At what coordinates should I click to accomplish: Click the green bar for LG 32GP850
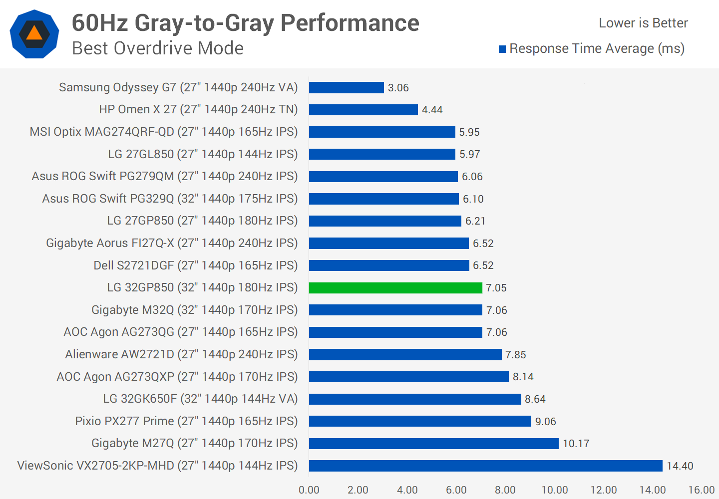(x=395, y=288)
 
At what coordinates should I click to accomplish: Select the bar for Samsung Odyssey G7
(x=346, y=88)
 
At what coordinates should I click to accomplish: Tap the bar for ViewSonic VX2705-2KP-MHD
(x=485, y=466)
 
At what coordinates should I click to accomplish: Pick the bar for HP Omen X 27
(x=363, y=110)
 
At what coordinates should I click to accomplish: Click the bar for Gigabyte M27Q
(x=433, y=444)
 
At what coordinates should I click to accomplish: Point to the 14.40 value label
(x=680, y=466)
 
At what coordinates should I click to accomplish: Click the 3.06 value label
(x=398, y=88)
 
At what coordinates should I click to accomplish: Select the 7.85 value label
(x=515, y=355)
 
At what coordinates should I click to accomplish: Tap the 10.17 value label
(x=576, y=444)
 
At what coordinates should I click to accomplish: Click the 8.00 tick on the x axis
(x=505, y=490)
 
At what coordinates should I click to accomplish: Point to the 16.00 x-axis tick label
(x=702, y=490)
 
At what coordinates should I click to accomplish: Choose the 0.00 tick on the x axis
(x=309, y=490)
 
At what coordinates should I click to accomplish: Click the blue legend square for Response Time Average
(x=502, y=49)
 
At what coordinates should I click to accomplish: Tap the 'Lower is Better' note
(x=643, y=23)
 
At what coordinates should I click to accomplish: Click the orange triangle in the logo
(x=34, y=33)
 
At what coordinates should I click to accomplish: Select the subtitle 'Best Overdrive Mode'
(x=158, y=48)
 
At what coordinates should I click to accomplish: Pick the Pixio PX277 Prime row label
(x=186, y=421)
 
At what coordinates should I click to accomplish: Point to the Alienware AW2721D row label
(x=181, y=354)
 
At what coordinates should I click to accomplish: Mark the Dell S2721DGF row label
(x=195, y=265)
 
